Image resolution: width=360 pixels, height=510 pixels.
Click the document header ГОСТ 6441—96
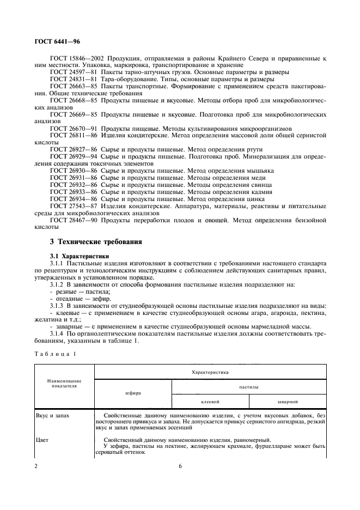[56, 41]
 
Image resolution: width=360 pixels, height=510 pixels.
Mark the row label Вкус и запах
[51, 415]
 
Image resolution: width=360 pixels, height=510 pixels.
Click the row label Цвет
[41, 440]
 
